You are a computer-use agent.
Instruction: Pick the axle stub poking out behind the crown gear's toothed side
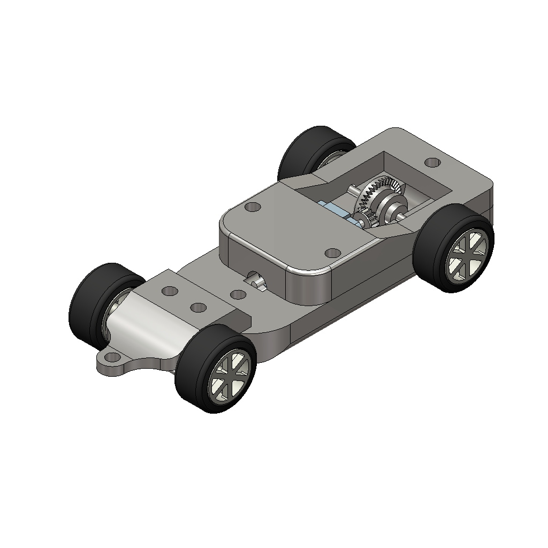(x=354, y=189)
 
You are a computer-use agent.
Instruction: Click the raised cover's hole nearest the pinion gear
(x=332, y=252)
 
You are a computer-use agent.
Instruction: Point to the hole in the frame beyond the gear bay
(x=431, y=162)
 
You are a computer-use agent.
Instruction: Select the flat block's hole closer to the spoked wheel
(x=199, y=307)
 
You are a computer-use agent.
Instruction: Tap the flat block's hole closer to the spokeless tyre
(x=170, y=291)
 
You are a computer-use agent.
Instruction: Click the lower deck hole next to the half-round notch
(x=238, y=294)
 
